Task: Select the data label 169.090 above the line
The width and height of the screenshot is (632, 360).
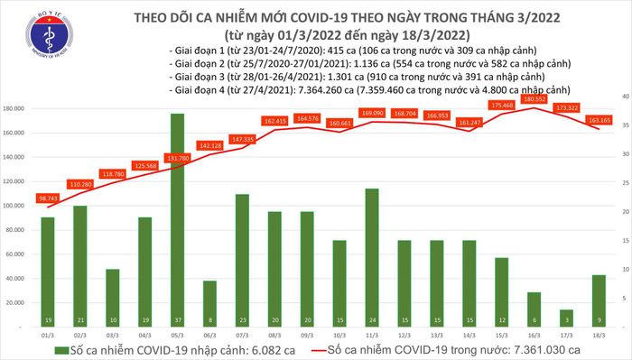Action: [x=372, y=113]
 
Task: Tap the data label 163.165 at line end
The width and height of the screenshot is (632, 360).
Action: [x=599, y=119]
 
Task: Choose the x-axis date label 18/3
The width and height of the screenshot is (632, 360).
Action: [x=599, y=334]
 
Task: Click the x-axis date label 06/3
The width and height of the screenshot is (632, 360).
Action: [x=209, y=334]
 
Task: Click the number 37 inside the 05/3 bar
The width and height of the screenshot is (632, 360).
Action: [x=177, y=320]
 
